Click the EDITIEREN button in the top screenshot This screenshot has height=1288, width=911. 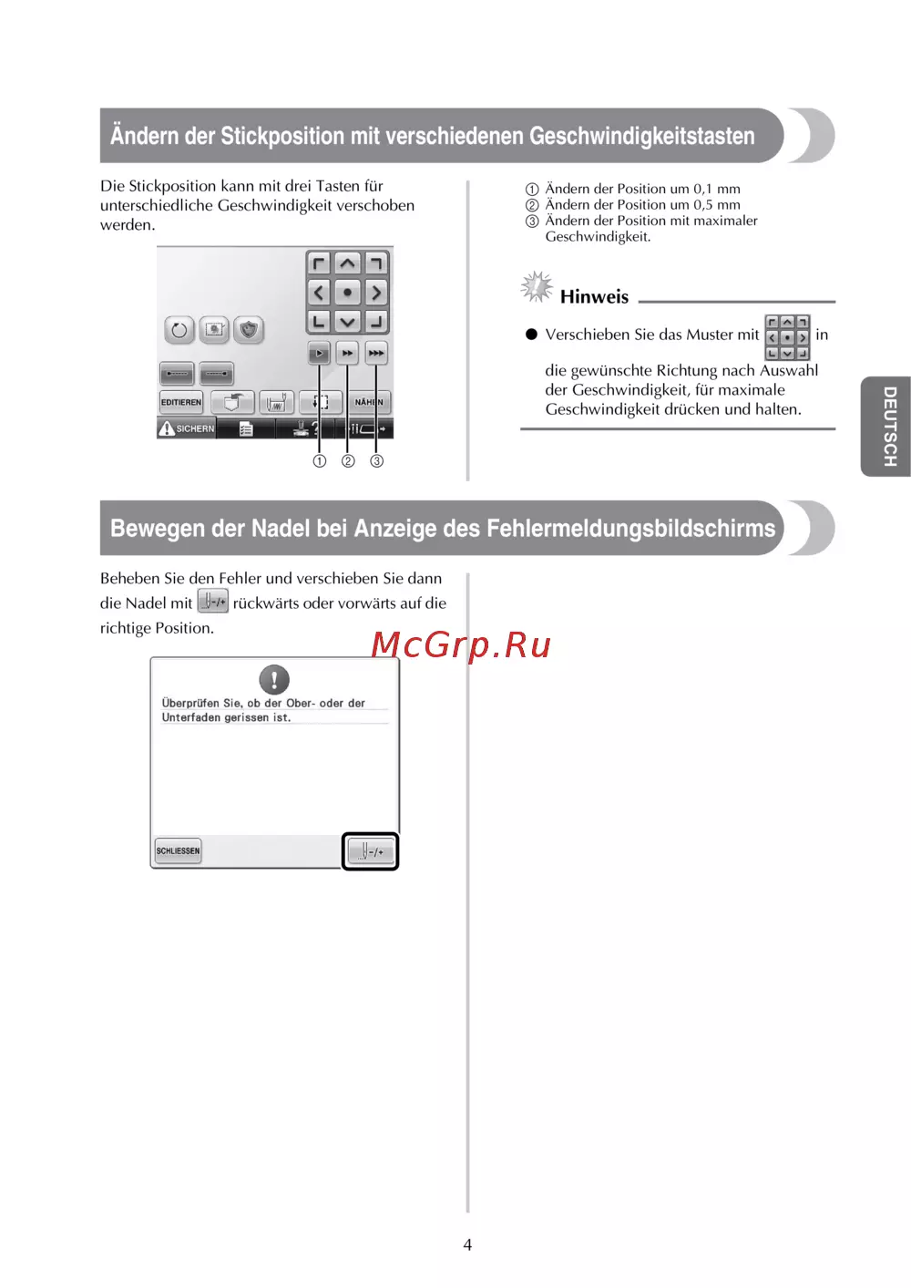181,402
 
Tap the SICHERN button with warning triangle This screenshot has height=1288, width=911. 186,428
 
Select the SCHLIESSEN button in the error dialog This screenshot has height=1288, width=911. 179,851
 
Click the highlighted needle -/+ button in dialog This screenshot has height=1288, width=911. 370,851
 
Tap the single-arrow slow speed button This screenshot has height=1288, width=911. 319,353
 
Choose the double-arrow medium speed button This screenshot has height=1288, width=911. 347,353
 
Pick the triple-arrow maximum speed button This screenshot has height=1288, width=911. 376,353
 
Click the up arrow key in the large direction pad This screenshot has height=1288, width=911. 347,264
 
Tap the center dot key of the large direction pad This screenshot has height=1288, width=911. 347,293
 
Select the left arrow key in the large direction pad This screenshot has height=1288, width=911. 319,293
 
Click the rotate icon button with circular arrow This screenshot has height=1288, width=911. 179,330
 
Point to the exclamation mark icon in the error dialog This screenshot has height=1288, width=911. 274,680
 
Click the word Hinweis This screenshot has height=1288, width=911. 594,296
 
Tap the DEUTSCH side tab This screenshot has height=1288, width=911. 886,426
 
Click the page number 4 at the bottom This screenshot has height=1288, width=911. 467,1245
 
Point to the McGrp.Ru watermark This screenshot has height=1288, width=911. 461,644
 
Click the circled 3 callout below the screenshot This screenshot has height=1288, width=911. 376,461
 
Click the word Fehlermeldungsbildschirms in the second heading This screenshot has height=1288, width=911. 631,529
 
